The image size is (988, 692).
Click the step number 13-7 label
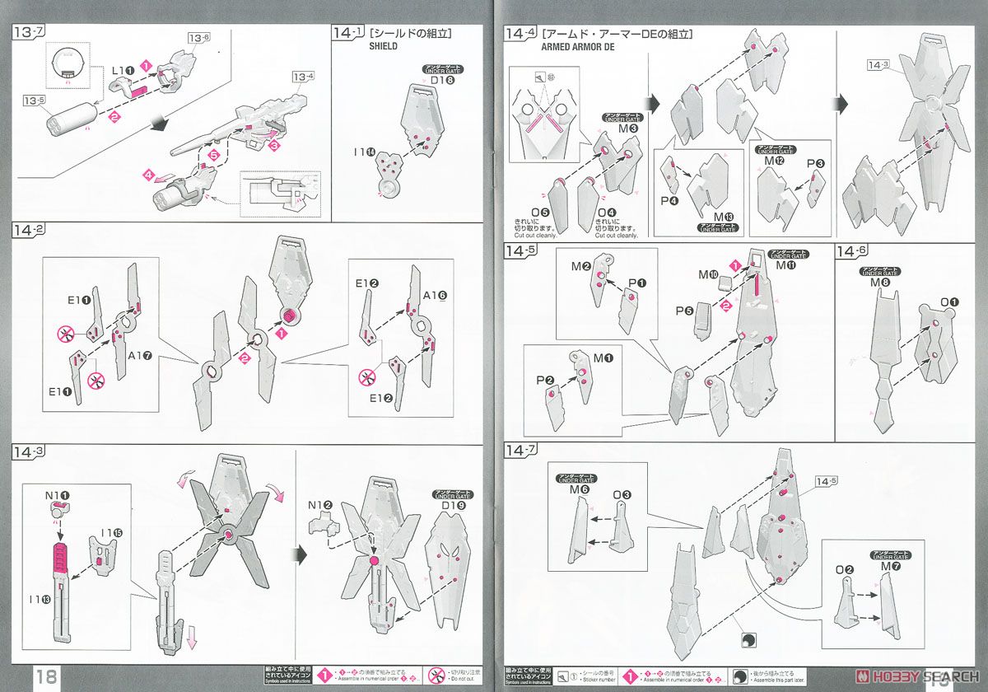coord(27,34)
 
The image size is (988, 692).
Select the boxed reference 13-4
coord(303,77)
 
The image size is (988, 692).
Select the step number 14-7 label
coord(521,450)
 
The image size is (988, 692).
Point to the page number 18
coord(46,676)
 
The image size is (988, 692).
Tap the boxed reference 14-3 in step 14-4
coord(878,65)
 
